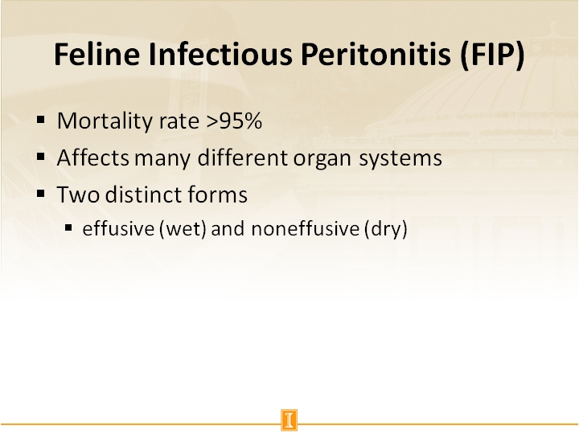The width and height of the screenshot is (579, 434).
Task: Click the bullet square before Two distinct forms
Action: point(42,193)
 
